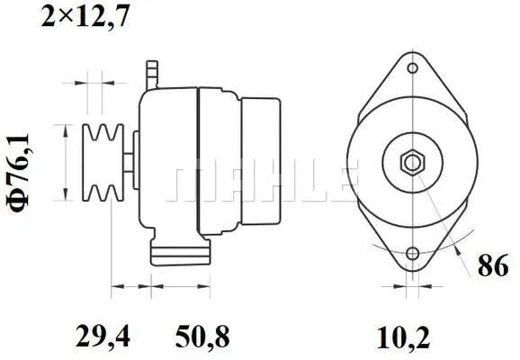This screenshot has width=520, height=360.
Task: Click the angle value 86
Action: click(493, 268)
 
